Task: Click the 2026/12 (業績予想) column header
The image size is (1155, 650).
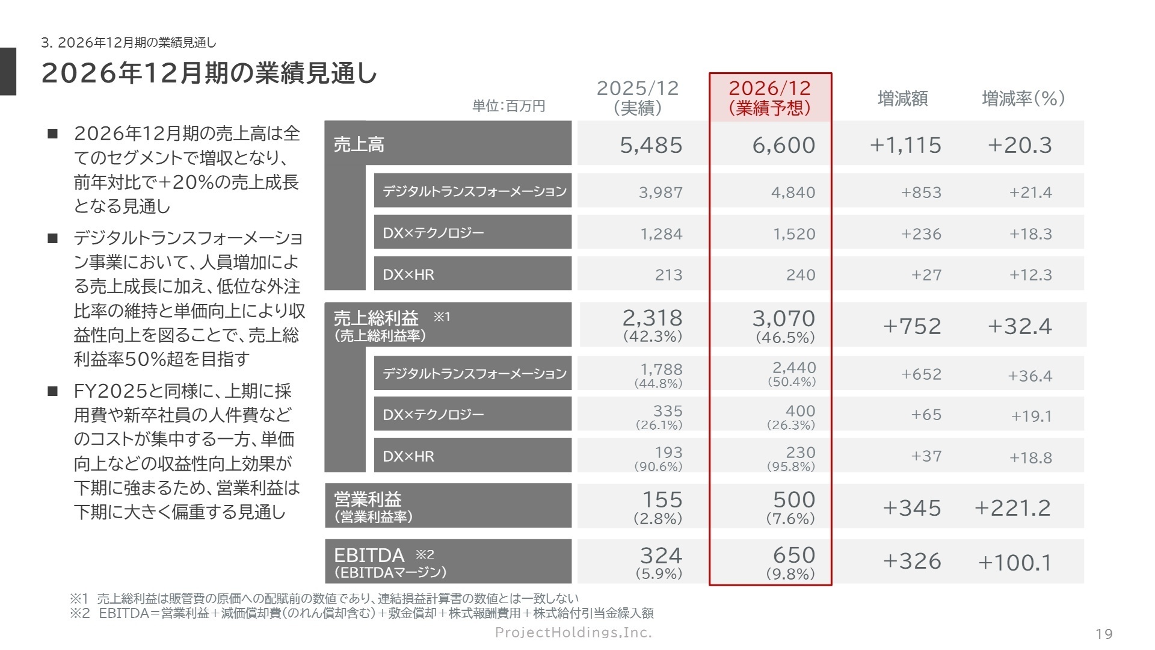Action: click(770, 97)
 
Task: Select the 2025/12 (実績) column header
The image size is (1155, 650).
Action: click(638, 97)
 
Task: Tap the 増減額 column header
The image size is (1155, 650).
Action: click(902, 98)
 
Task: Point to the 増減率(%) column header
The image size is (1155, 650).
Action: click(1023, 98)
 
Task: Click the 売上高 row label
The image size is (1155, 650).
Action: click(359, 144)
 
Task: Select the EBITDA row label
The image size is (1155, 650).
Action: click(369, 555)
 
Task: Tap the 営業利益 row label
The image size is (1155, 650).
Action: click(368, 500)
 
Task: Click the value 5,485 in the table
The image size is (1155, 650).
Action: click(651, 145)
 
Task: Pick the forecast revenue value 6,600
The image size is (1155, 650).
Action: click(784, 145)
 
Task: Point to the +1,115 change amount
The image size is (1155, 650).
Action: click(905, 145)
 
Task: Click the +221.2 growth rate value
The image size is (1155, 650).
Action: click(1012, 508)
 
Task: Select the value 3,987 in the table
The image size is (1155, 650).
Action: click(661, 193)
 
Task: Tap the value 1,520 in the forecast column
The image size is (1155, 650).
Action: click(794, 234)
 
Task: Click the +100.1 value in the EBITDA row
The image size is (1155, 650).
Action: click(1015, 563)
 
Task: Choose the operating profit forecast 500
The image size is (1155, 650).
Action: click(794, 500)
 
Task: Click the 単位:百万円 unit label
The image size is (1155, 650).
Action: click(508, 107)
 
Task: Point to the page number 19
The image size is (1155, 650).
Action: click(1104, 634)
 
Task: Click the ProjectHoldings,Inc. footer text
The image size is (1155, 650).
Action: click(573, 632)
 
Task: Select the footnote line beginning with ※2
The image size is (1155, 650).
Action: click(362, 613)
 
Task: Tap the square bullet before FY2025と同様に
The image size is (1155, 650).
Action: click(53, 391)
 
